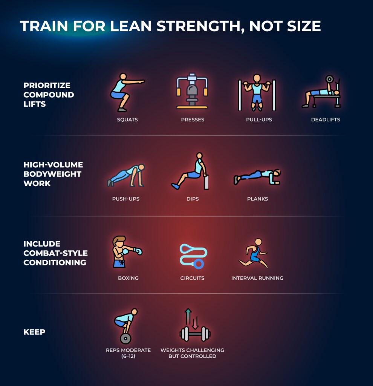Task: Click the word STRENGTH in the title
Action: coord(199,26)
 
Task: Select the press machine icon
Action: coord(192,91)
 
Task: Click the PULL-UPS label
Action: coord(259,119)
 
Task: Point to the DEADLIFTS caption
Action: coord(326,119)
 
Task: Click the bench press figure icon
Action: coord(321,92)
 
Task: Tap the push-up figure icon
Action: coord(126,175)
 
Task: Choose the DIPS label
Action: coord(193,199)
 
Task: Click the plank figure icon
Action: coord(257,177)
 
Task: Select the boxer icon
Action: coord(127,251)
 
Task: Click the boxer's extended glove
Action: coord(138,251)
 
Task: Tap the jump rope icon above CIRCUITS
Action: coord(193,256)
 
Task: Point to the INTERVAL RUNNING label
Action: coord(257,278)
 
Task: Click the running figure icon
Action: coord(254,253)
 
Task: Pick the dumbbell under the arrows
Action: coord(195,334)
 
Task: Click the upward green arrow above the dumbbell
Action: coord(188,316)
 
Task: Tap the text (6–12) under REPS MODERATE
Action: coord(128,356)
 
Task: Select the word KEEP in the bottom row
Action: coord(34,332)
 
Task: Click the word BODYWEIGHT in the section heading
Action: coord(52,174)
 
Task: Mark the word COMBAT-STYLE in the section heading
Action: coord(56,253)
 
